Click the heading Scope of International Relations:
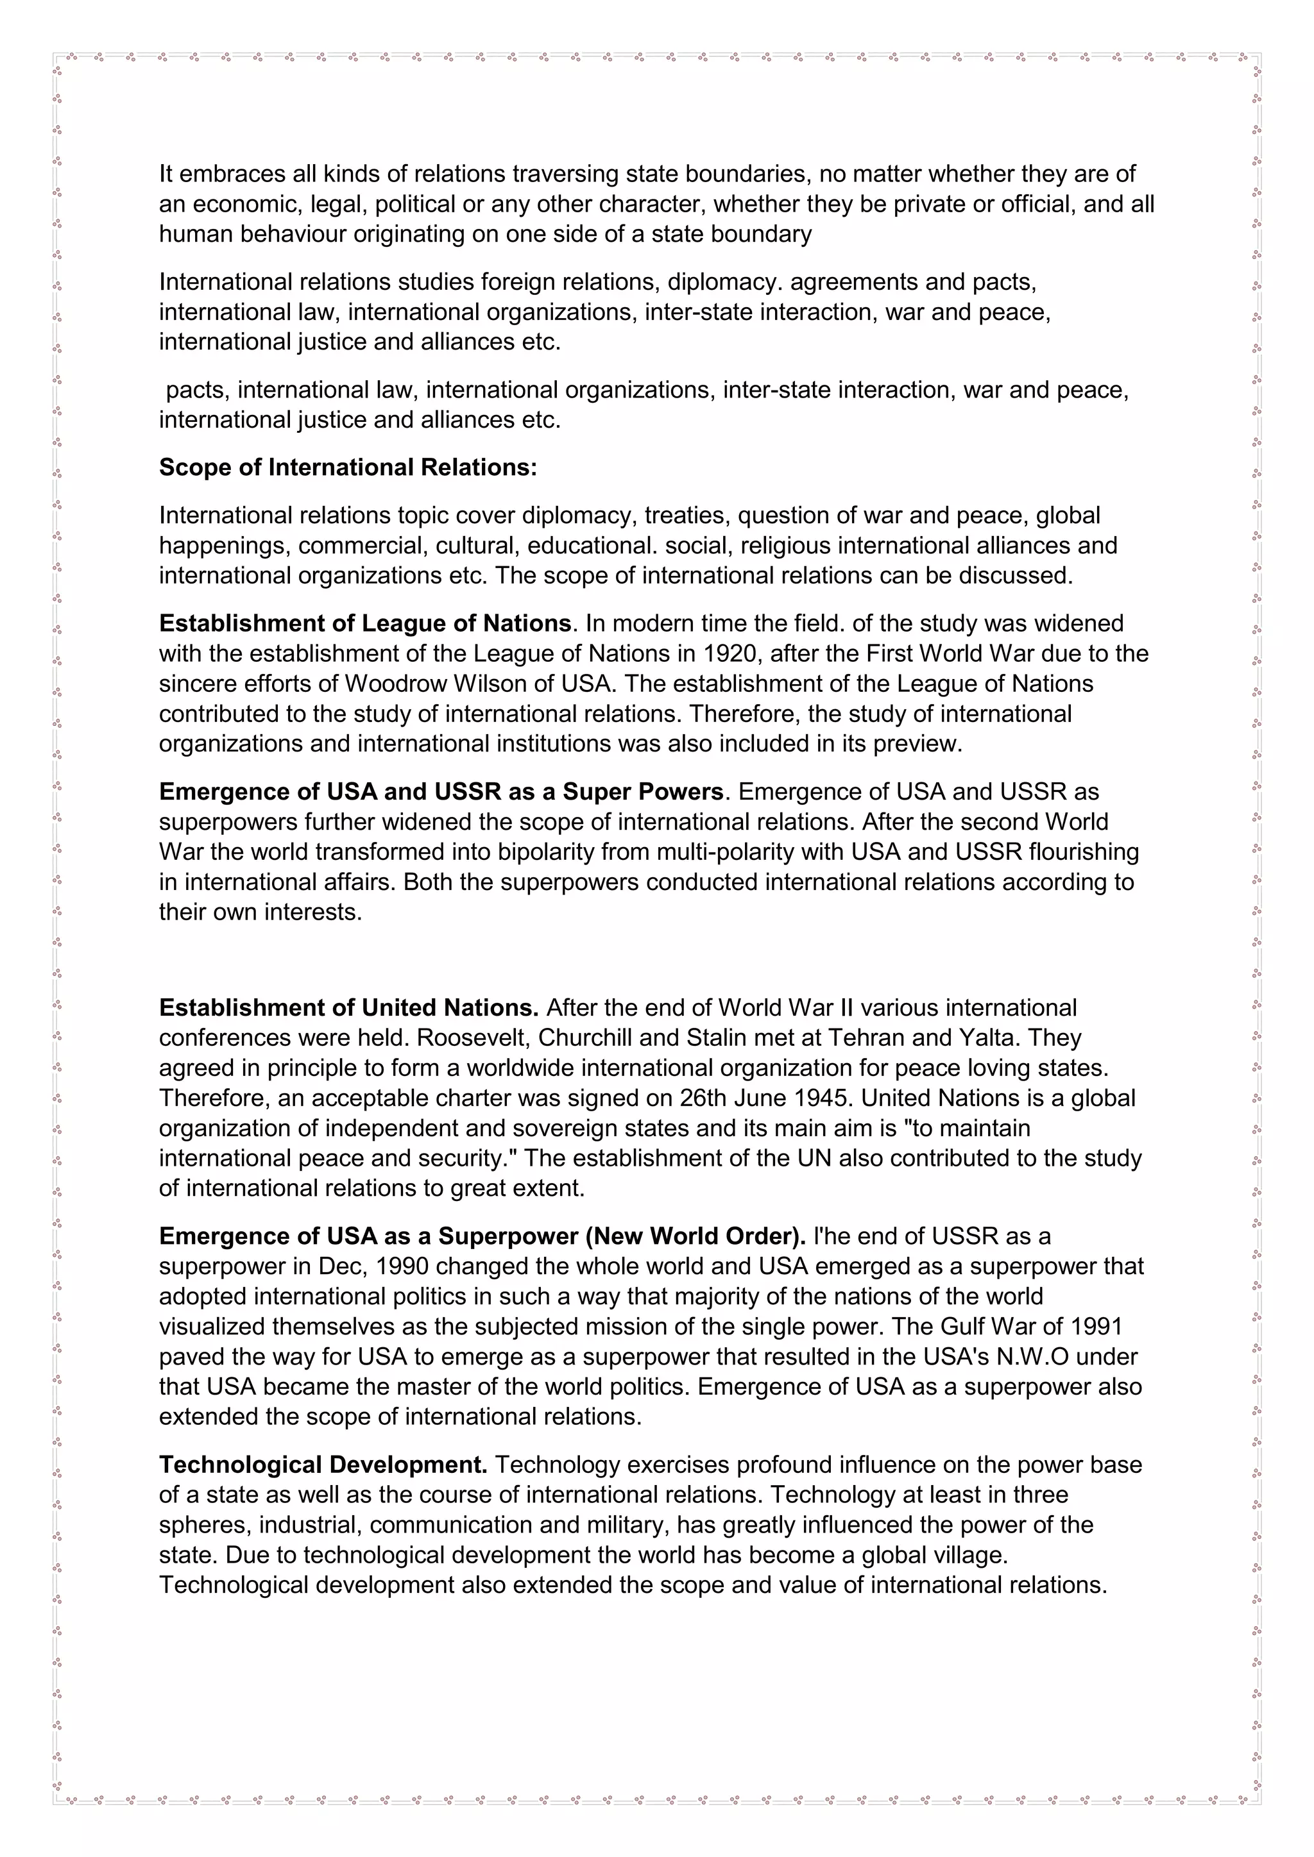click(x=348, y=467)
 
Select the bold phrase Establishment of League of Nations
click(x=365, y=623)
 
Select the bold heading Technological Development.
click(x=323, y=1465)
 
